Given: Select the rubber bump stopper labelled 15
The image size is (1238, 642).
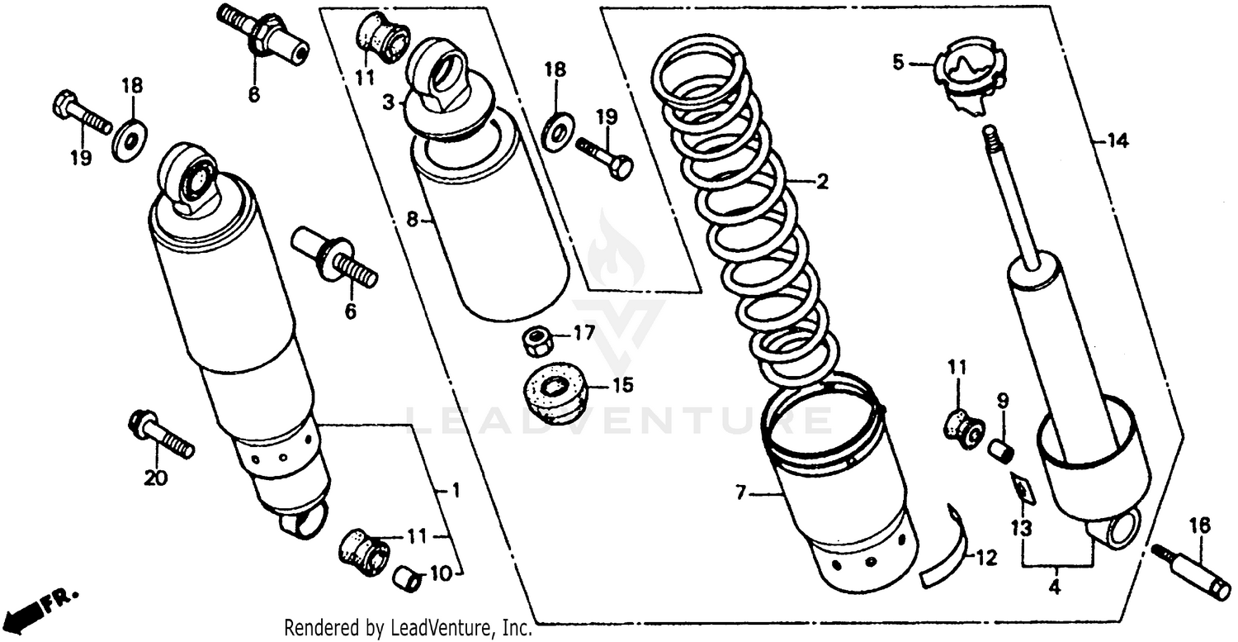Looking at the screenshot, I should click(554, 392).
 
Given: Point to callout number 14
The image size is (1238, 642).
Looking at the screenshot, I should click(1118, 141).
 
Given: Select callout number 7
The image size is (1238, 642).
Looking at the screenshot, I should click(739, 493).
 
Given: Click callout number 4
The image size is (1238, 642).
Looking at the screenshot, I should click(1054, 588).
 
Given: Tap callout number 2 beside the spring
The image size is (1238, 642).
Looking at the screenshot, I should click(821, 183).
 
